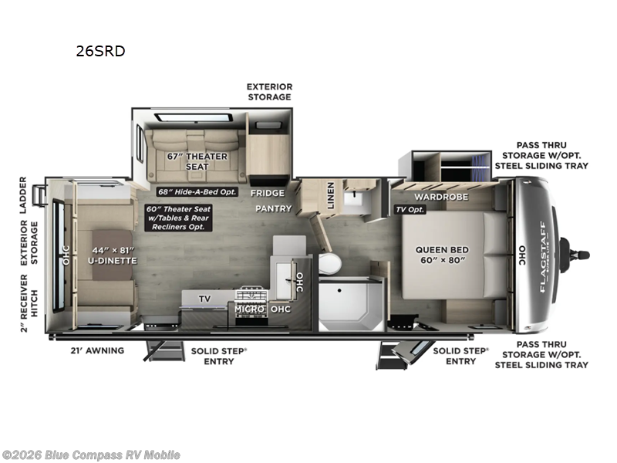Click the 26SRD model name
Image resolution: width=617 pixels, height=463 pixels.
[100, 51]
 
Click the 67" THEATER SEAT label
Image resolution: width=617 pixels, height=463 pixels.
[197, 161]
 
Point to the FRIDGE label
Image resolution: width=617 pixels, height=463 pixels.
[268, 193]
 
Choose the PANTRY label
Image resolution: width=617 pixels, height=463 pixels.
[274, 208]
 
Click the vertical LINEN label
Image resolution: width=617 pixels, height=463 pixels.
[331, 195]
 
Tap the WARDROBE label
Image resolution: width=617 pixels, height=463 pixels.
[441, 197]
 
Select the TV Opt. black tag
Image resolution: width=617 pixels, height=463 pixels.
[410, 209]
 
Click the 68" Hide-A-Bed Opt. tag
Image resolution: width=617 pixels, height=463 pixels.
[197, 191]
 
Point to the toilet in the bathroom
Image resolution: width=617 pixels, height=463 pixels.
[329, 263]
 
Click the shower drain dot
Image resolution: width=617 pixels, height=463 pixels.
[339, 291]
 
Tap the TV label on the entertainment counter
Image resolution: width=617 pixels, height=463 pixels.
[204, 299]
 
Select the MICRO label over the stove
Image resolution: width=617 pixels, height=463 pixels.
[249, 309]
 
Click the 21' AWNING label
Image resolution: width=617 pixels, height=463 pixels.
[97, 350]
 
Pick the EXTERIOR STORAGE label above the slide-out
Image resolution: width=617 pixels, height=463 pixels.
[269, 92]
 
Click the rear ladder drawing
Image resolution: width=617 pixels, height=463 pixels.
[39, 195]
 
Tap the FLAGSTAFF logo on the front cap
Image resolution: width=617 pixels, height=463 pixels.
[544, 257]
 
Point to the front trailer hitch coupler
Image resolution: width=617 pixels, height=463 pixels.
[575, 255]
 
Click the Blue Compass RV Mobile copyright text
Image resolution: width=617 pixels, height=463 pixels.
[90, 455]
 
